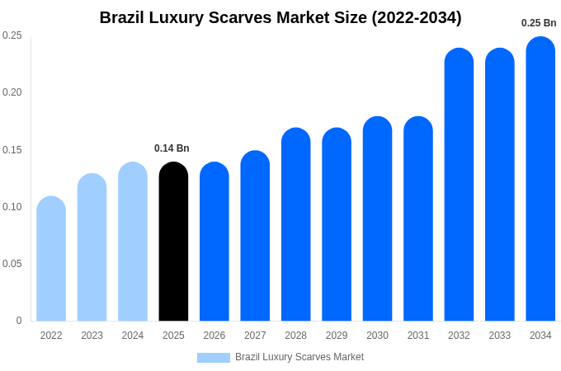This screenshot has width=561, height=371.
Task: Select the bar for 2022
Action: pos(51,259)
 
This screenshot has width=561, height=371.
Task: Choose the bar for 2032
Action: pos(459,185)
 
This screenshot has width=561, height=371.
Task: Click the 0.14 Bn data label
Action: pos(172,148)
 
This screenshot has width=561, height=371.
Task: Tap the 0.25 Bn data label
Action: pos(539,23)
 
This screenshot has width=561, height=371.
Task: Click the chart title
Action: pos(280,17)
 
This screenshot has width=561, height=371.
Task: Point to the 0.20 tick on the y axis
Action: pos(12,92)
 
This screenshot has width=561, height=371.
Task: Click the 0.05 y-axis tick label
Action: pos(12,264)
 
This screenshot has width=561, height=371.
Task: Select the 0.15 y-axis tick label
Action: pos(12,150)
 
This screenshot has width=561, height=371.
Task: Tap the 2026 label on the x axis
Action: pos(214,336)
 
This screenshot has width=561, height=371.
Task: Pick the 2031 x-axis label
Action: pos(418,336)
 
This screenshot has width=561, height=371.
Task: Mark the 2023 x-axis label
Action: pos(92,336)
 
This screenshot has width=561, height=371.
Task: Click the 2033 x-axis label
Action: pos(500,336)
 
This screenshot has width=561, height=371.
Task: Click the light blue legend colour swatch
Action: pos(214,358)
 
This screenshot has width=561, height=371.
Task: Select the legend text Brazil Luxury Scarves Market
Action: pos(299,357)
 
